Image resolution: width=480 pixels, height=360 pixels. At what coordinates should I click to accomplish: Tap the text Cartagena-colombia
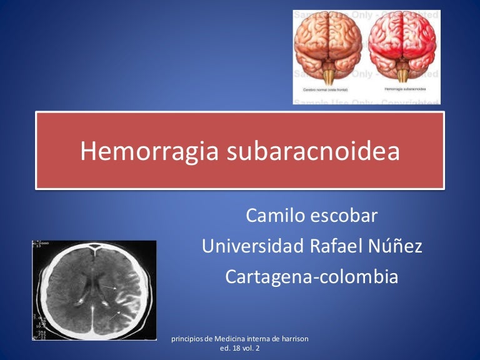click(311, 276)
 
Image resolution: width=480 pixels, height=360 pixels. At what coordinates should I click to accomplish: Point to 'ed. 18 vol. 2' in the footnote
click(241, 349)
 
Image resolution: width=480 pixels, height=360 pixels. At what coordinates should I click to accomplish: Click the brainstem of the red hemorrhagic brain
click(402, 76)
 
